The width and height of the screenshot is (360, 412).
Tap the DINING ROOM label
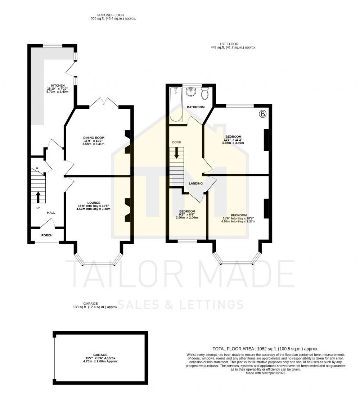(94, 138)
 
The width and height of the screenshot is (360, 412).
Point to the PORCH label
(47, 235)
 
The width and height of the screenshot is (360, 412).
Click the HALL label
(51, 213)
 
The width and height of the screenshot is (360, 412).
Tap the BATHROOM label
(195, 107)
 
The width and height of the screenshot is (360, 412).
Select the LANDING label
(195, 183)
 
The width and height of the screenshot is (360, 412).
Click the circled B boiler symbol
(262, 114)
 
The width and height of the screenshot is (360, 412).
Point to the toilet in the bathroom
(205, 94)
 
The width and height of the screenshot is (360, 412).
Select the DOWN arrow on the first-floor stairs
(176, 152)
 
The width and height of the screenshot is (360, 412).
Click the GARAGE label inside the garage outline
(100, 355)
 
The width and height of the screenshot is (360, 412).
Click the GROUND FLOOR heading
(113, 15)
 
